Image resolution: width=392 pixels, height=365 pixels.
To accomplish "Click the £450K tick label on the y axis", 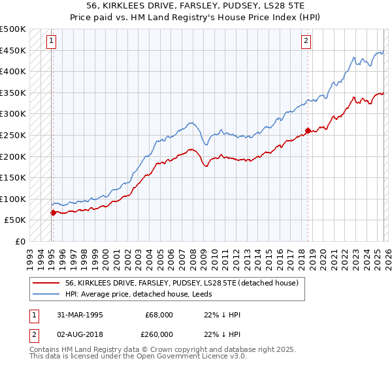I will [x=13, y=50].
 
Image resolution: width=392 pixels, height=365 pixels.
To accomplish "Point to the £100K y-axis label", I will [x=13, y=199].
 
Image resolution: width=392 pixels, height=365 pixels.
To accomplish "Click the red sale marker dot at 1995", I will [x=53, y=212].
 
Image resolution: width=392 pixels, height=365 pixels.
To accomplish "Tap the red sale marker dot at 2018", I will [x=307, y=130].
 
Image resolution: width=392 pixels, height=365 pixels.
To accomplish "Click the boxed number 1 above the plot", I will [x=52, y=41].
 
